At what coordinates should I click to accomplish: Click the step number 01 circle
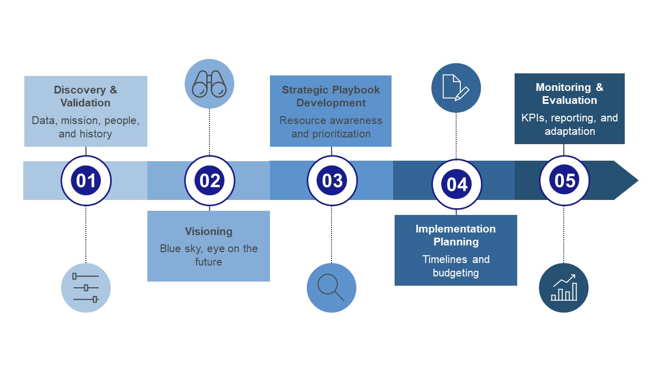[86, 180]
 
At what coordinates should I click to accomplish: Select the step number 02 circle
[209, 180]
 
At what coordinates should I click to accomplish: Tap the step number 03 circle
[332, 180]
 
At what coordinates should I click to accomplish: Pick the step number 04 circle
[457, 184]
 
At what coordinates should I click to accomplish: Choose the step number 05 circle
[564, 180]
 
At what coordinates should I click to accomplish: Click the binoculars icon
[209, 84]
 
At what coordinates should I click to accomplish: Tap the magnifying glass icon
[331, 288]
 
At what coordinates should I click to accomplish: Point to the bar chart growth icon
[564, 288]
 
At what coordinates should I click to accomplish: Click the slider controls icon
[86, 288]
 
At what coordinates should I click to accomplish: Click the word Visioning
[208, 231]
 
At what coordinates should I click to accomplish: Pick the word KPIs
[533, 118]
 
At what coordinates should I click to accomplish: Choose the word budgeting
[456, 273]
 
